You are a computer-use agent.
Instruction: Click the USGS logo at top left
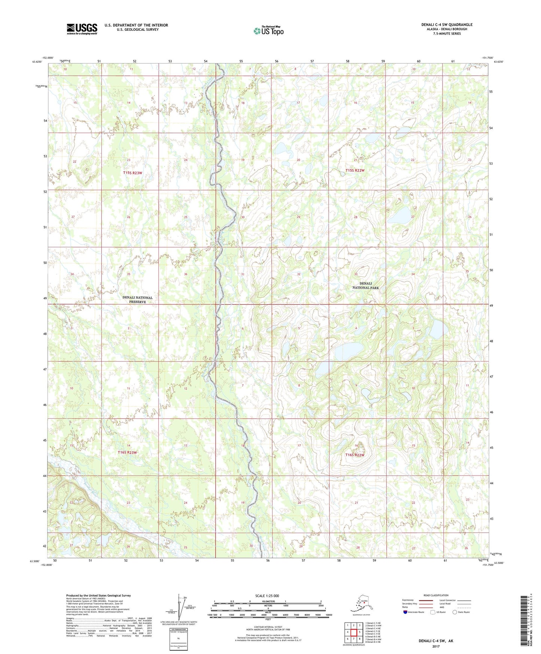[82, 29]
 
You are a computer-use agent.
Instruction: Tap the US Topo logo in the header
[268, 31]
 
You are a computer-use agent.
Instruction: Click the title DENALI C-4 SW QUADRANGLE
[447, 25]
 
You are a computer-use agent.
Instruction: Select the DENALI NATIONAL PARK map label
[365, 285]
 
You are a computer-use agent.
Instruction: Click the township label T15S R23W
[133, 173]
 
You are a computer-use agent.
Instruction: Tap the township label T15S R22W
[355, 170]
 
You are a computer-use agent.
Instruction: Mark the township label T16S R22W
[354, 455]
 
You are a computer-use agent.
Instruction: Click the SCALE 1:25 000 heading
[267, 596]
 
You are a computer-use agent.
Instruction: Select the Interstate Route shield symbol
[405, 612]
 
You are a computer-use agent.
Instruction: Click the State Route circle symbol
[455, 612]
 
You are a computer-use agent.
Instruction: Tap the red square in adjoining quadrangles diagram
[359, 632]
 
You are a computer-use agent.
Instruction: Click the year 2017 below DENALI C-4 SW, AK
[435, 646]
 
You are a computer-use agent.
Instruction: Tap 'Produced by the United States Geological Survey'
[98, 595]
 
